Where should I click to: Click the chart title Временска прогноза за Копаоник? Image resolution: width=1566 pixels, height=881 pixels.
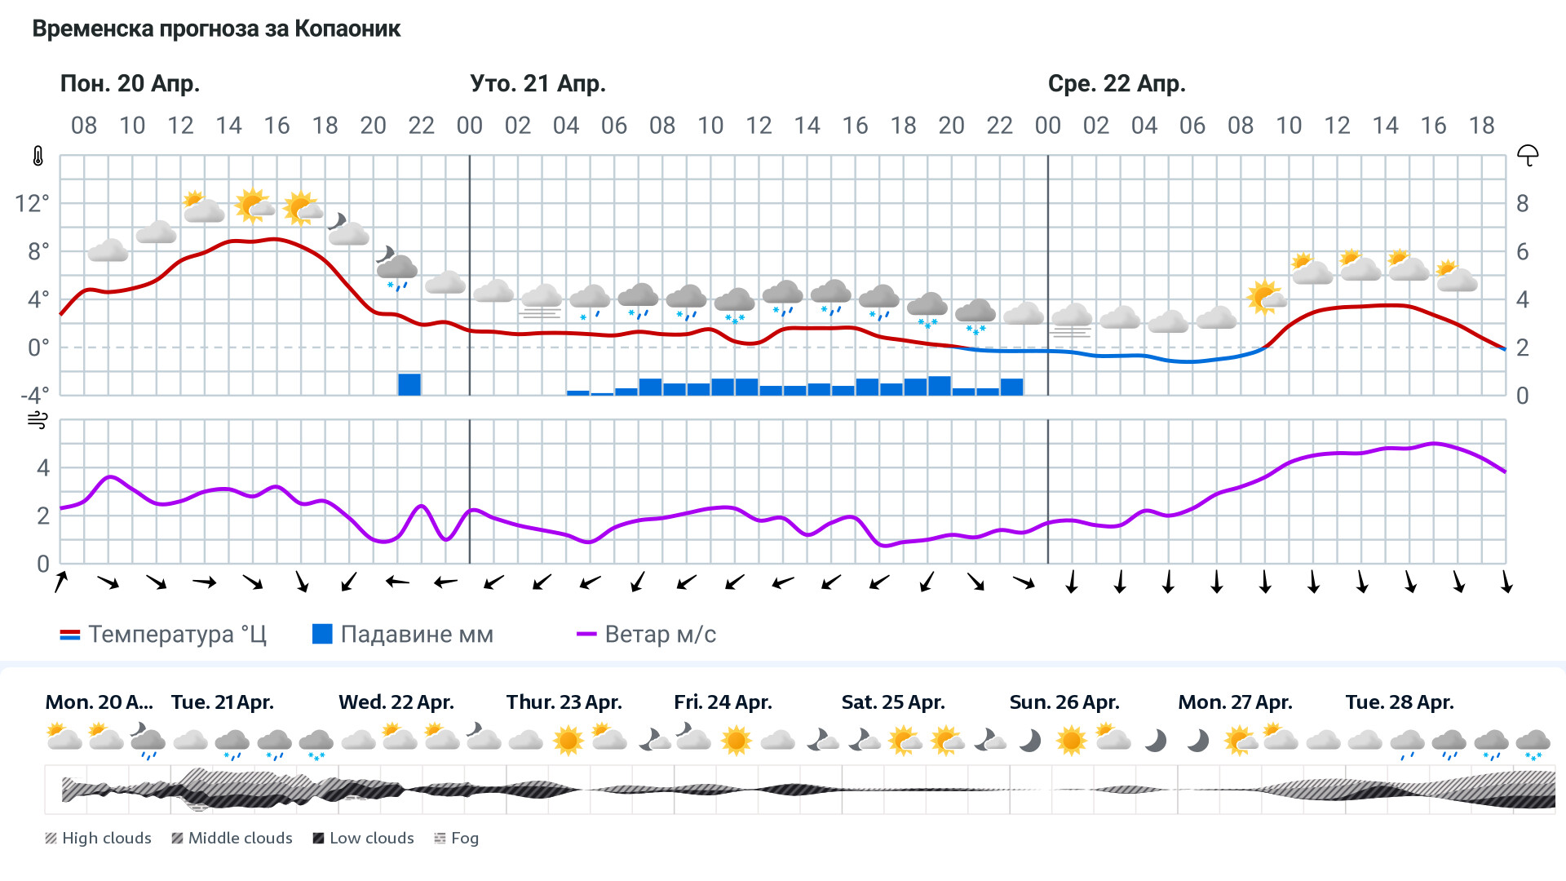click(216, 29)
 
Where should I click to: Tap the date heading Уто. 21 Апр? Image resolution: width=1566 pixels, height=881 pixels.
click(537, 83)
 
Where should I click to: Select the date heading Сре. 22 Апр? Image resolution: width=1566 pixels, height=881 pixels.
click(1116, 83)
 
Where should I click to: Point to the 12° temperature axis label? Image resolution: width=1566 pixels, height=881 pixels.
click(33, 203)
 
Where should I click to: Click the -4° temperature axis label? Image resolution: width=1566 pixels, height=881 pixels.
click(34, 396)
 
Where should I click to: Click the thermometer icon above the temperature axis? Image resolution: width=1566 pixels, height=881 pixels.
click(38, 156)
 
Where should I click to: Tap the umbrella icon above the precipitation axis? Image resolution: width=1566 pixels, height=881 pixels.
click(1527, 155)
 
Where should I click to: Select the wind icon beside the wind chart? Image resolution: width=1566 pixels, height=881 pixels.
click(38, 421)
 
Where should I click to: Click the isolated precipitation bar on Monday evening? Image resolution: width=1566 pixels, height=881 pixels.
click(409, 384)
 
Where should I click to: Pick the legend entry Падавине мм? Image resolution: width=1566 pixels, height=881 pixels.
click(403, 634)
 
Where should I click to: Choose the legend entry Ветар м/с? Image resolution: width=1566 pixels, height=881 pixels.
click(646, 634)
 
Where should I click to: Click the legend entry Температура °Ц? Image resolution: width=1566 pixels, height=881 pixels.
click(163, 634)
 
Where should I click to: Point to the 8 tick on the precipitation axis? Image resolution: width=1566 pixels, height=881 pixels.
click(1522, 203)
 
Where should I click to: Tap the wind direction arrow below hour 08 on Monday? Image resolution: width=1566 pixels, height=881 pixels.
click(61, 582)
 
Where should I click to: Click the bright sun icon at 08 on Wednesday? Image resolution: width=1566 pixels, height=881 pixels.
click(1264, 297)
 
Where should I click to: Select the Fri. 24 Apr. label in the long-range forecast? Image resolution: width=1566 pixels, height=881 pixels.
click(723, 702)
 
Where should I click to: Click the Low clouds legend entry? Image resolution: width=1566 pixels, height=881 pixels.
click(364, 838)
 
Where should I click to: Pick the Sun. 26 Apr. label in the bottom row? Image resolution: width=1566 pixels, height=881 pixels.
click(1064, 702)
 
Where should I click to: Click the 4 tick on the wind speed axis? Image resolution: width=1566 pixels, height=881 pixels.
click(43, 467)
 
